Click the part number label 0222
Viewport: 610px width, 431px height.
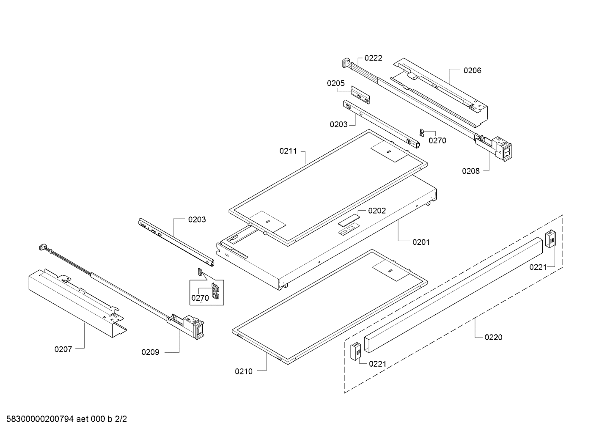tap(373, 58)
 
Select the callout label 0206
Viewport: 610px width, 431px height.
tap(472, 71)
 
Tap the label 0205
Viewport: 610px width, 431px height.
tap(335, 83)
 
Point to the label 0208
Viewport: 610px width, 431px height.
tap(470, 171)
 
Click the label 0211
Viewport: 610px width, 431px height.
tap(288, 151)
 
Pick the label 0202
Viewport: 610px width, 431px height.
tap(377, 211)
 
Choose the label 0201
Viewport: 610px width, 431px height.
tap(421, 242)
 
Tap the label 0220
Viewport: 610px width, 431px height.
tap(493, 338)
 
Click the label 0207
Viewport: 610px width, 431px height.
tap(63, 349)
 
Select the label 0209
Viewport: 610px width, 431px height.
tap(150, 352)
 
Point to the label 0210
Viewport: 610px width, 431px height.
tap(244, 371)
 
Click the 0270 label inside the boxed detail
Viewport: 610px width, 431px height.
tap(200, 298)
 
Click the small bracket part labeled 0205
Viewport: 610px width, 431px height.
tap(360, 95)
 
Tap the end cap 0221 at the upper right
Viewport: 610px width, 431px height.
tap(550, 239)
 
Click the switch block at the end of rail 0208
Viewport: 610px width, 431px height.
tap(503, 149)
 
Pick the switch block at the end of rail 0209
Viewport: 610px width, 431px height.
tap(195, 327)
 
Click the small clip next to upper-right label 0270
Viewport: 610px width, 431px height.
tap(422, 132)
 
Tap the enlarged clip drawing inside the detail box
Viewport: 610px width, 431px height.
tap(215, 291)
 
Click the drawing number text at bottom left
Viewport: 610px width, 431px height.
tap(66, 419)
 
